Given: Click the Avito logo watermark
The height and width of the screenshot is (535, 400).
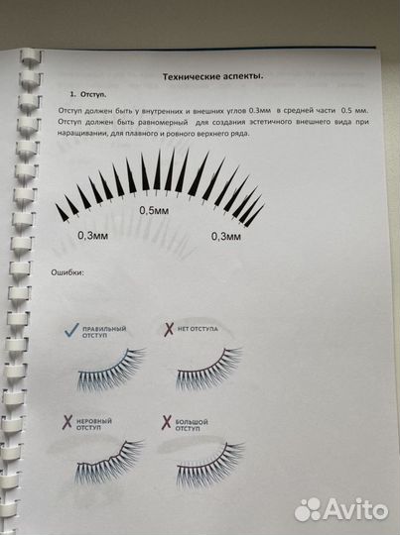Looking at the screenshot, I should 343,508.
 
